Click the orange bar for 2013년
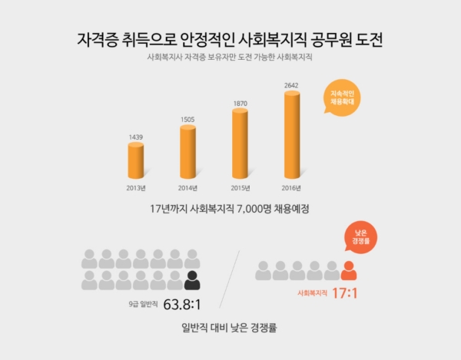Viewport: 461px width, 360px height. (x=135, y=161)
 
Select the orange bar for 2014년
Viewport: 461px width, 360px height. (x=187, y=152)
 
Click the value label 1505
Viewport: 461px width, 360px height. (x=187, y=120)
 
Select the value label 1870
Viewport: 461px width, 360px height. (x=240, y=102)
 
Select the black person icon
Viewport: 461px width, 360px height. (x=192, y=280)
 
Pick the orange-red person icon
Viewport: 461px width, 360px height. (x=348, y=270)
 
